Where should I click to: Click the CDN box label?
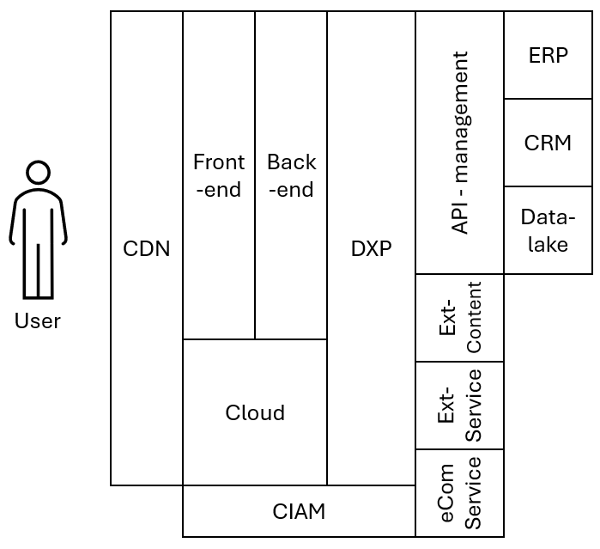click(x=147, y=249)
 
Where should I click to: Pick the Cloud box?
click(x=255, y=412)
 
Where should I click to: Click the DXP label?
click(x=371, y=249)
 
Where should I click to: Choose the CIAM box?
click(x=299, y=511)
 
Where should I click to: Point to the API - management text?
click(x=460, y=143)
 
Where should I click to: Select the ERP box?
click(x=548, y=55)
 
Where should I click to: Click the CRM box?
click(x=548, y=143)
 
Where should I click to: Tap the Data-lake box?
click(x=548, y=230)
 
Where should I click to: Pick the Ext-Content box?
click(x=460, y=318)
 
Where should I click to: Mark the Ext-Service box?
click(x=460, y=406)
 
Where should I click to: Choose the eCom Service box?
click(x=460, y=493)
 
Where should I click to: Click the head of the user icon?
click(x=38, y=173)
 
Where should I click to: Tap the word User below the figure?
click(x=38, y=321)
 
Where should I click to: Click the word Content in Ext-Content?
click(x=473, y=318)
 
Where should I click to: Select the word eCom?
click(x=446, y=493)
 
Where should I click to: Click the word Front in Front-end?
click(x=219, y=162)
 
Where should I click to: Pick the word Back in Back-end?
click(x=291, y=162)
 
